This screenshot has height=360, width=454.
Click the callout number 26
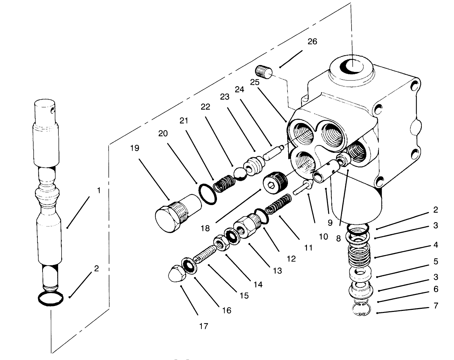(312, 41)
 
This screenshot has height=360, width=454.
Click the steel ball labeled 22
(239, 173)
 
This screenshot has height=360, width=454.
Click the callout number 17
(204, 326)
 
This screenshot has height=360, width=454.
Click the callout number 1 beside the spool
(99, 191)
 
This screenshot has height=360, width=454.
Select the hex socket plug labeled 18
(274, 182)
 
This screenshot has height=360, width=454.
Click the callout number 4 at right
(435, 245)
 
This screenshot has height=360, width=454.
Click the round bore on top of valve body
(351, 66)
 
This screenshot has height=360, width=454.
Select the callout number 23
(225, 97)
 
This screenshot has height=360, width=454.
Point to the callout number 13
(277, 270)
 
